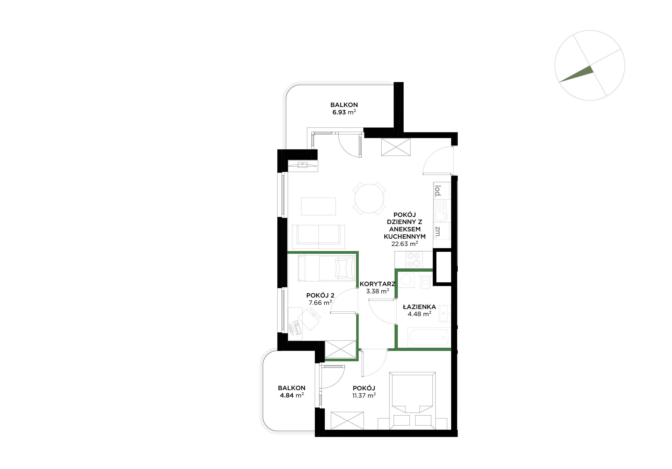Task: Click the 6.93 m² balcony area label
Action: (x=344, y=112)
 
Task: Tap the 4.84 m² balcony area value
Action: (x=292, y=396)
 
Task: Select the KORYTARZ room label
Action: (x=377, y=284)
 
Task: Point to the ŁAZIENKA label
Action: (x=419, y=307)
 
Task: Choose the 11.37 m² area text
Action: (x=364, y=396)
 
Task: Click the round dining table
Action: (x=369, y=199)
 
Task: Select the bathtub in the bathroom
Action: (x=428, y=338)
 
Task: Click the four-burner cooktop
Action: (x=414, y=259)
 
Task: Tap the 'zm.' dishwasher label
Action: (x=438, y=232)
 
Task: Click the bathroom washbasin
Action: (x=444, y=314)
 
